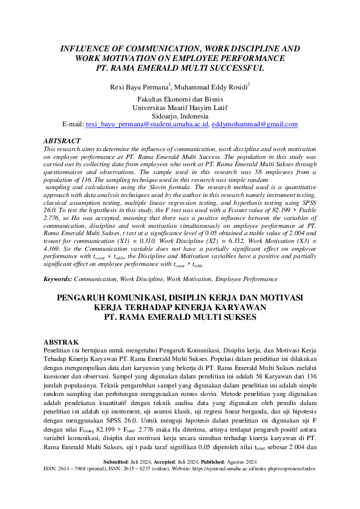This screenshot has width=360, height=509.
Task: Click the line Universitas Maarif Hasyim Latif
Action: pyautogui.click(x=180, y=108)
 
